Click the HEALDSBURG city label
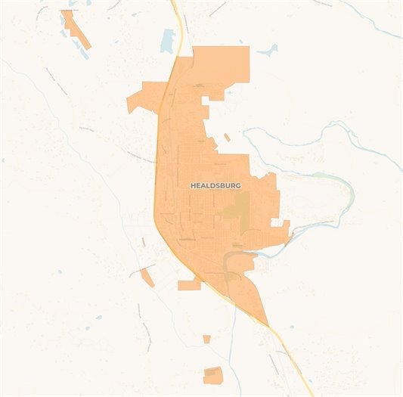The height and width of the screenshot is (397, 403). click(x=215, y=185)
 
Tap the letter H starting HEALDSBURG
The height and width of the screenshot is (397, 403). click(x=193, y=185)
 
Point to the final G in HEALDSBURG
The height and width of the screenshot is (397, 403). click(x=238, y=185)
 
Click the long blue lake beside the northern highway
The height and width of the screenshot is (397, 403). click(x=167, y=41)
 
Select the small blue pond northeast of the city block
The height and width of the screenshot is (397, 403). click(x=268, y=51)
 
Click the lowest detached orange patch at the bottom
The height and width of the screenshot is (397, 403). click(x=213, y=375)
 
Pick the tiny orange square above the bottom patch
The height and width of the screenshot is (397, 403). click(x=206, y=339)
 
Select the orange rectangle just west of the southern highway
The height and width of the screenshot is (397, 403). click(x=189, y=284)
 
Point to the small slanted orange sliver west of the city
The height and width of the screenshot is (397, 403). click(x=147, y=278)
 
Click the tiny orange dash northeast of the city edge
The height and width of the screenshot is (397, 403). click(x=227, y=138)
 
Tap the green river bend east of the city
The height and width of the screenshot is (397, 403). click(x=344, y=189)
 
